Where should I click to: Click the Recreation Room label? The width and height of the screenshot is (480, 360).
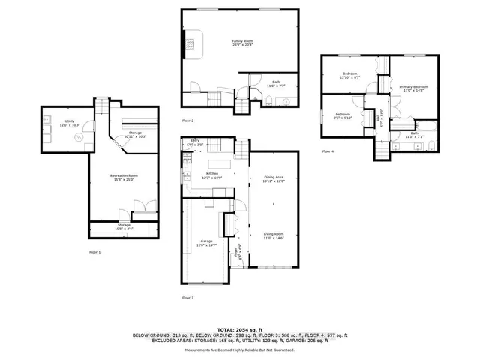pos(124,178)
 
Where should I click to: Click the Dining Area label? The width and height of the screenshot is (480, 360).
pos(274,179)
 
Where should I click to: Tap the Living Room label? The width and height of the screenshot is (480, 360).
pos(274,235)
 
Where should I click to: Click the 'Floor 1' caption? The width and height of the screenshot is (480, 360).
pos(94,252)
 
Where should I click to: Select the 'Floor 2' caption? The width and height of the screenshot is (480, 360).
pos(187,121)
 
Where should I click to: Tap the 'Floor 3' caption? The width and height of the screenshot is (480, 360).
pos(187,298)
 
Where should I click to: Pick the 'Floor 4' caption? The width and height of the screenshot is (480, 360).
pos(328,151)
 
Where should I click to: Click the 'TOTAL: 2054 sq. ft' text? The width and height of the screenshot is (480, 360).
pos(240,329)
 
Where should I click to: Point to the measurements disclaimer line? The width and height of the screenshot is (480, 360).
pos(240,349)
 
